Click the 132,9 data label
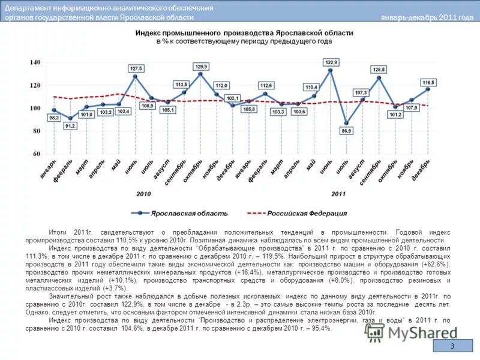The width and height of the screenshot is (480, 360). coord(331,62)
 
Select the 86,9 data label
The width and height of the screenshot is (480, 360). coord(346,130)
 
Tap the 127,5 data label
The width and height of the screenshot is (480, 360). coord(136,68)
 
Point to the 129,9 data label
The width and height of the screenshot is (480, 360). coord(201,66)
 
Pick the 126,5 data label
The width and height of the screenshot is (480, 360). coord(379,70)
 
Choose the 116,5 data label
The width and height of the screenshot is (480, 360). coord(428,82)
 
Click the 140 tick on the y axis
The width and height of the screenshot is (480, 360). coord(35,62)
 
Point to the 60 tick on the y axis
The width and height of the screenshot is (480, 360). coord(37,154)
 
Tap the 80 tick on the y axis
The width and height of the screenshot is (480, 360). coord(37,131)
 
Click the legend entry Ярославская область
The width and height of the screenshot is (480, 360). coord(189,213)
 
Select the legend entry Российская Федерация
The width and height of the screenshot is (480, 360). coord(307,213)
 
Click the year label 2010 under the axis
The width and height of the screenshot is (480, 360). coord(143,194)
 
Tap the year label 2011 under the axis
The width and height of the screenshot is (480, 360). coord(338,194)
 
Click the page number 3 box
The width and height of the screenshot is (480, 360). coord(453,347)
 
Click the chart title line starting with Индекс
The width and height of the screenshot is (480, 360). coord(244,33)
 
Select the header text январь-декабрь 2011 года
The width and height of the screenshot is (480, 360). coord(427,17)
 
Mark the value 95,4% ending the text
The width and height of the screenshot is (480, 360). coord(319,328)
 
